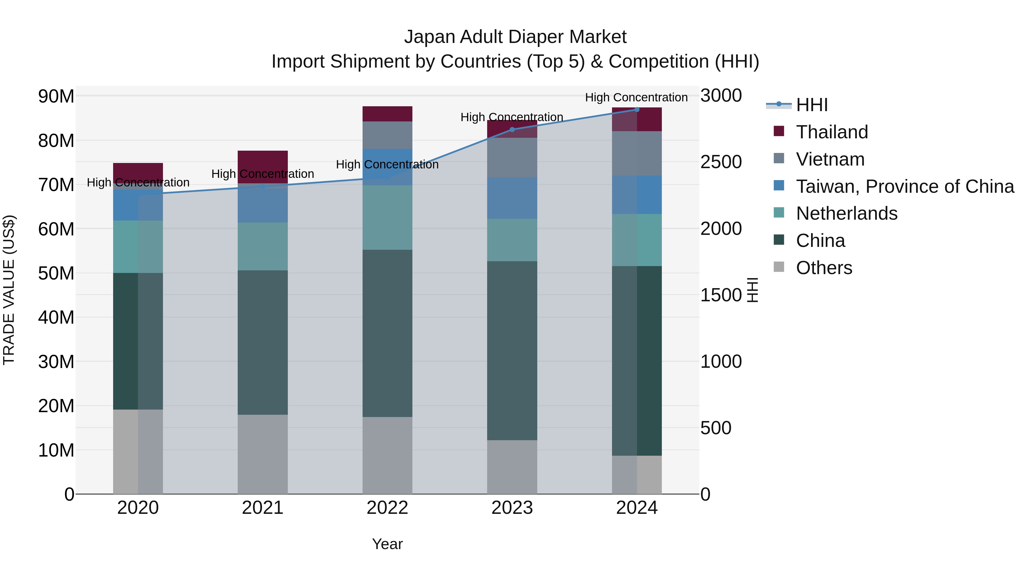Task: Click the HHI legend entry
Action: [811, 105]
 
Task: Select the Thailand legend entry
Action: [832, 132]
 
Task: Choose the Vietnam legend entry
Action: [830, 159]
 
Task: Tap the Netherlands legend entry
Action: [847, 213]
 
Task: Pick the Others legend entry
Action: [824, 268]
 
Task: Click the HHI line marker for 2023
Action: [512, 129]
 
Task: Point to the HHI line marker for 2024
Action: [637, 110]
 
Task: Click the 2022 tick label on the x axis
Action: [387, 508]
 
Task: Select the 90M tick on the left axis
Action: [56, 97]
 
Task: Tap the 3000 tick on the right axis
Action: [721, 96]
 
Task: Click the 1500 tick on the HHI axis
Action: [721, 295]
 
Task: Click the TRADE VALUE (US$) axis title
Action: [9, 290]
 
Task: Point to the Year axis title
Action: [387, 544]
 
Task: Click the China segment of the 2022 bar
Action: [387, 333]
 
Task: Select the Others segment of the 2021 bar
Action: [263, 454]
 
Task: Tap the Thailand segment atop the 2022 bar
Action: [387, 114]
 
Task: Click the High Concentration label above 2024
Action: [636, 97]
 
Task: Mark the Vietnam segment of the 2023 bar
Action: [512, 157]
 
